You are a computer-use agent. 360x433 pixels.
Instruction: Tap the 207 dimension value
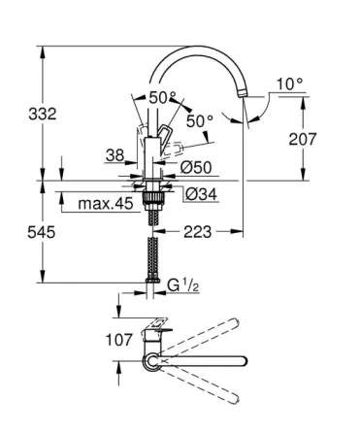click(303, 139)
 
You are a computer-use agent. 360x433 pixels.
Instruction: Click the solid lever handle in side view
click(166, 136)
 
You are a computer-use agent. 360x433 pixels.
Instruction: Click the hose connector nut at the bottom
click(150, 284)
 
